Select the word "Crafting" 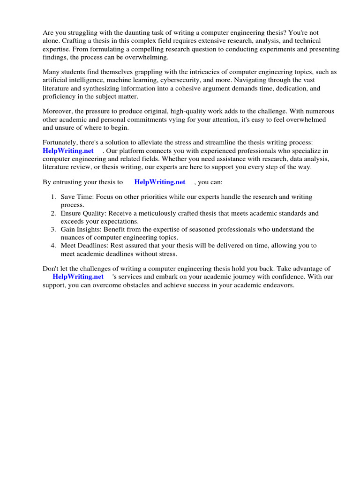coord(77,41)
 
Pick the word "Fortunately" coord(59,142)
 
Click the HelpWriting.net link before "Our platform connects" coord(68,150)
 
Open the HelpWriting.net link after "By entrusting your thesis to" coord(160,182)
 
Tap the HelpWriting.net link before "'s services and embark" coord(78,277)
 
